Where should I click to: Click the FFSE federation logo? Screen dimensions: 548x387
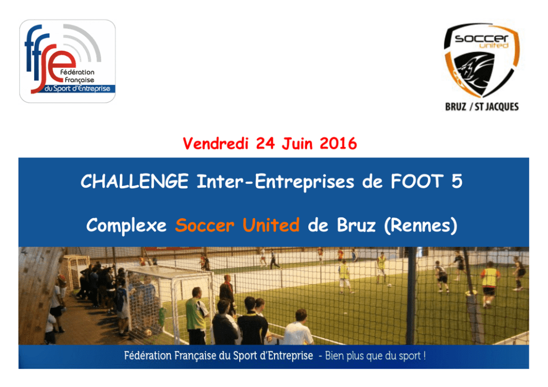pos(67,61)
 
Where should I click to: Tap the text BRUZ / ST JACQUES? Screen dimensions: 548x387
pos(482,107)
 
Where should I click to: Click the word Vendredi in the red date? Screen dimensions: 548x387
pos(215,144)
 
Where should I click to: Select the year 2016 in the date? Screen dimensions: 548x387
pos(338,144)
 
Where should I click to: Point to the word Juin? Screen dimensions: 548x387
pos(297,144)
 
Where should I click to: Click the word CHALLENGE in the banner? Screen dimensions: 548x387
pos(135,181)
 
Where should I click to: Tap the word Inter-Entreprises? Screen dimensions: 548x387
pos(276,182)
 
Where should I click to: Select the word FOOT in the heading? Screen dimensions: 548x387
pos(417,181)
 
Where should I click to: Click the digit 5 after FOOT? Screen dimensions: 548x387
pos(457,181)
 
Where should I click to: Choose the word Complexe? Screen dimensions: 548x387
pos(127,225)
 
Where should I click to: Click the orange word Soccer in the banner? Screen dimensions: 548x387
pos(205,225)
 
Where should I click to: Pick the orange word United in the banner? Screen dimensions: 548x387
pos(271,225)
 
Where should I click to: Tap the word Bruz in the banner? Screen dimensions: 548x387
pos(356,225)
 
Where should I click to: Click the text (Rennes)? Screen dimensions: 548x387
pos(420,226)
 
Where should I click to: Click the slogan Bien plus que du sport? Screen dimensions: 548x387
pos(375,356)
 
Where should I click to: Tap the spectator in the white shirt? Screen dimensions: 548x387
pos(298,328)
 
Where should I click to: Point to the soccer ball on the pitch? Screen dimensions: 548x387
pos(389,285)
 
